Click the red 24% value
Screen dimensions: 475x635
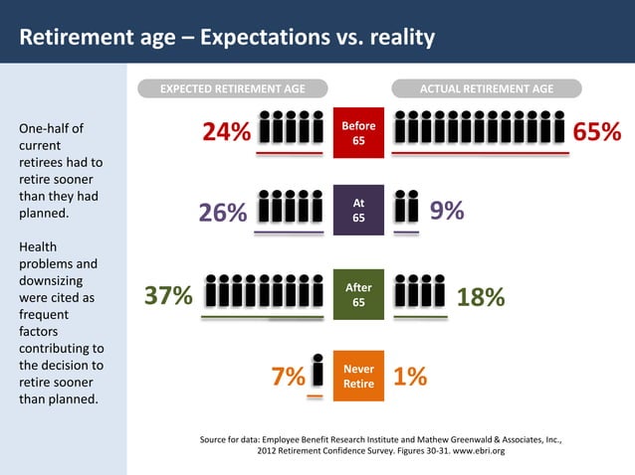tap(226, 133)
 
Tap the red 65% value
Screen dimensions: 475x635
tap(596, 133)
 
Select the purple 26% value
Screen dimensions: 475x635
tap(223, 214)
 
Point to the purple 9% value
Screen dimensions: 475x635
tap(446, 211)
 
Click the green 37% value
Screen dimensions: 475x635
tap(168, 296)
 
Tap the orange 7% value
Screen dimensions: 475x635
tap(288, 378)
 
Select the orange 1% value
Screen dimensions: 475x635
tap(410, 377)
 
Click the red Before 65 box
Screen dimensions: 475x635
tap(358, 132)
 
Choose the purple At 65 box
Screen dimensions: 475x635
tap(358, 210)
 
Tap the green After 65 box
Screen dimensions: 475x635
tap(358, 294)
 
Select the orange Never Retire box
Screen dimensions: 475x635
tap(358, 376)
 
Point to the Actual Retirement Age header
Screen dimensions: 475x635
tap(487, 89)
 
